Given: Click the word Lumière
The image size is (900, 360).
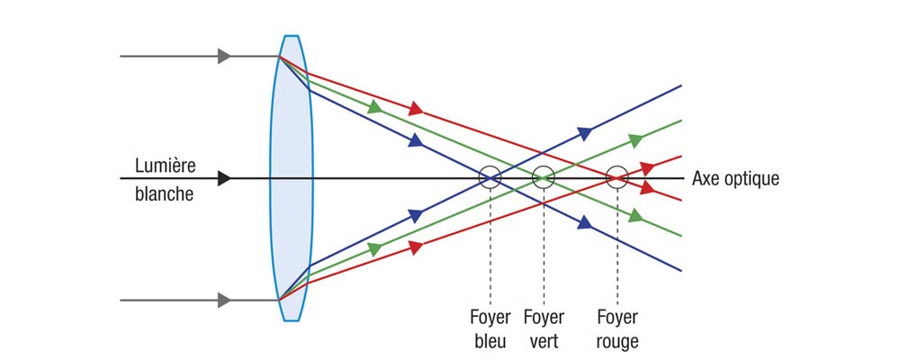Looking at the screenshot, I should click(165, 166).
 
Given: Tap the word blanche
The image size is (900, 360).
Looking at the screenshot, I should click(164, 193).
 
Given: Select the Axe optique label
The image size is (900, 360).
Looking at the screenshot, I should click(734, 178).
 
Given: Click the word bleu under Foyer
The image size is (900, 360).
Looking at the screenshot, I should click(490, 341).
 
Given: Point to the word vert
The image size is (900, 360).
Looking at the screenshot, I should click(544, 341).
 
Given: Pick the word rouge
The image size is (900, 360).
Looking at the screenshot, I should click(617, 341).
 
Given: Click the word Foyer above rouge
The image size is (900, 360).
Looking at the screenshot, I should click(617, 318).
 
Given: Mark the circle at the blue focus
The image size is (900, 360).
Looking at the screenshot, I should click(490, 177).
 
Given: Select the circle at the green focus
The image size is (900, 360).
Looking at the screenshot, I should click(543, 177).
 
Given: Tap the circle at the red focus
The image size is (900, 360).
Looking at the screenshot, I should click(616, 177).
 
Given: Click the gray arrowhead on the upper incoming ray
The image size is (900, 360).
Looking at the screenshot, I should click(224, 57).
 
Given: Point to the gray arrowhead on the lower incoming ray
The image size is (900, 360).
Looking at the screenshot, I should click(224, 299).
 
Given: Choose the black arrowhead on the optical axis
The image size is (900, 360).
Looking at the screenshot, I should click(224, 178).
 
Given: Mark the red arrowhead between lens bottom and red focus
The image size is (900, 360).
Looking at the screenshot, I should click(414, 246).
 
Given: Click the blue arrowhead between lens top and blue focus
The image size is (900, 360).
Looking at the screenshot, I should click(415, 140).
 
